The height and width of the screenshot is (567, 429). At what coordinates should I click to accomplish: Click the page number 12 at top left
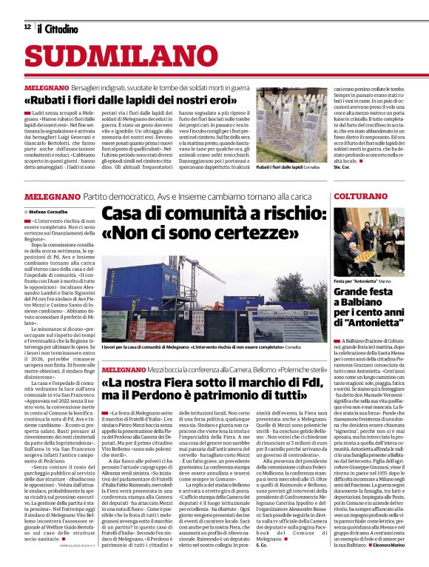(27, 27)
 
